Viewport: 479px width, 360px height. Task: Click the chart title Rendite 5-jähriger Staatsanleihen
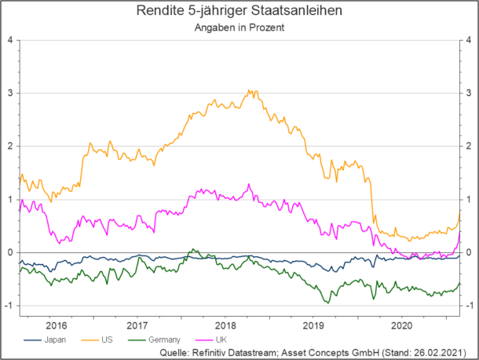[239, 11]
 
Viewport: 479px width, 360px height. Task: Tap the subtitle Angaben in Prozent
[239, 27]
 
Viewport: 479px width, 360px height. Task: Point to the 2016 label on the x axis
[57, 323]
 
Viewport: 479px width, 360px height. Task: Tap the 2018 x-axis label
[225, 323]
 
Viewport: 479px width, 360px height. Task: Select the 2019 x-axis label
[313, 323]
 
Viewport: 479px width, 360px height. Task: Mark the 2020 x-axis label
[401, 323]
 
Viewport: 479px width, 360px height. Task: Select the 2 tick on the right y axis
[468, 146]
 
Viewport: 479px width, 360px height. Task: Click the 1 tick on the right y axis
[468, 200]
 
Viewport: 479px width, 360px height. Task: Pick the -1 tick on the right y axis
[466, 306]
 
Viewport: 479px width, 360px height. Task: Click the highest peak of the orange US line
[250, 90]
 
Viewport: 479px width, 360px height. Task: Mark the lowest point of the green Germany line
[327, 302]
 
